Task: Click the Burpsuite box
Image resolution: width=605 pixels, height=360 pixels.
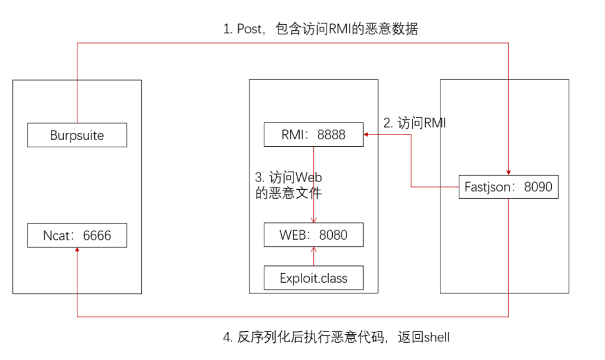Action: coord(77,135)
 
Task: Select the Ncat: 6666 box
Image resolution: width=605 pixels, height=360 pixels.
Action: coord(77,236)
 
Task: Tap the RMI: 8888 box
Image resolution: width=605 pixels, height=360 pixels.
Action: coord(313,135)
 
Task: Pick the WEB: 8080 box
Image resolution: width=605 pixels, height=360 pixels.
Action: coord(313,235)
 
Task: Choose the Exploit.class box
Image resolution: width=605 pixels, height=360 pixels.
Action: coord(313,278)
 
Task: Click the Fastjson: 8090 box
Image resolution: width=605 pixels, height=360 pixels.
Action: coord(509,186)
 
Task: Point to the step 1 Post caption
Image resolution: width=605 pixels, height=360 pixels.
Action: coord(320,29)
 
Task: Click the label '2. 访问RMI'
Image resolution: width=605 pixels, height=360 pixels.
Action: coord(415,123)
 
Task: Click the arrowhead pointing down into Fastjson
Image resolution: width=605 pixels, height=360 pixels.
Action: coord(509,171)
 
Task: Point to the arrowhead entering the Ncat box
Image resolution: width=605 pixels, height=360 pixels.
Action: coord(77,251)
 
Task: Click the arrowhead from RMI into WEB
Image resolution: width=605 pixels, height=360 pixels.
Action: coord(314,220)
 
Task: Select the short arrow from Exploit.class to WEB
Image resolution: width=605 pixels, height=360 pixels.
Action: coord(314,256)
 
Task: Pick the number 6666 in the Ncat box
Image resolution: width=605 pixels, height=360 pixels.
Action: coord(97,236)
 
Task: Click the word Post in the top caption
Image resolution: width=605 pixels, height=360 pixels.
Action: coord(249,29)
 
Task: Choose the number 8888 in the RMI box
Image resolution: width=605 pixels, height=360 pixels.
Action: coord(331,135)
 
